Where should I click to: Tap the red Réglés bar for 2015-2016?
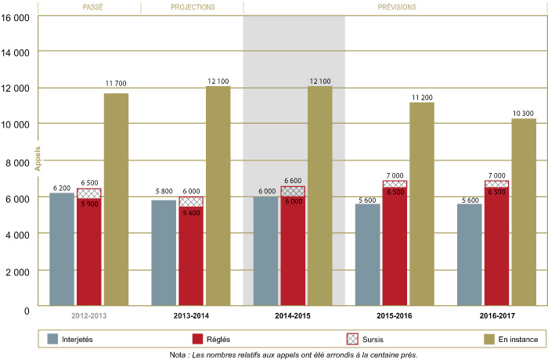(395, 247)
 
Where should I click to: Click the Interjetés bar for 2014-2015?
(265, 250)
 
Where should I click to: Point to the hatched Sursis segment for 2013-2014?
(191, 202)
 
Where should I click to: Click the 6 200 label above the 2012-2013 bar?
(61, 188)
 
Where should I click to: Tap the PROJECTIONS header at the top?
(192, 7)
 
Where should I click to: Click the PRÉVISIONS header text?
(395, 7)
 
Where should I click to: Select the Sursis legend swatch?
(352, 338)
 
